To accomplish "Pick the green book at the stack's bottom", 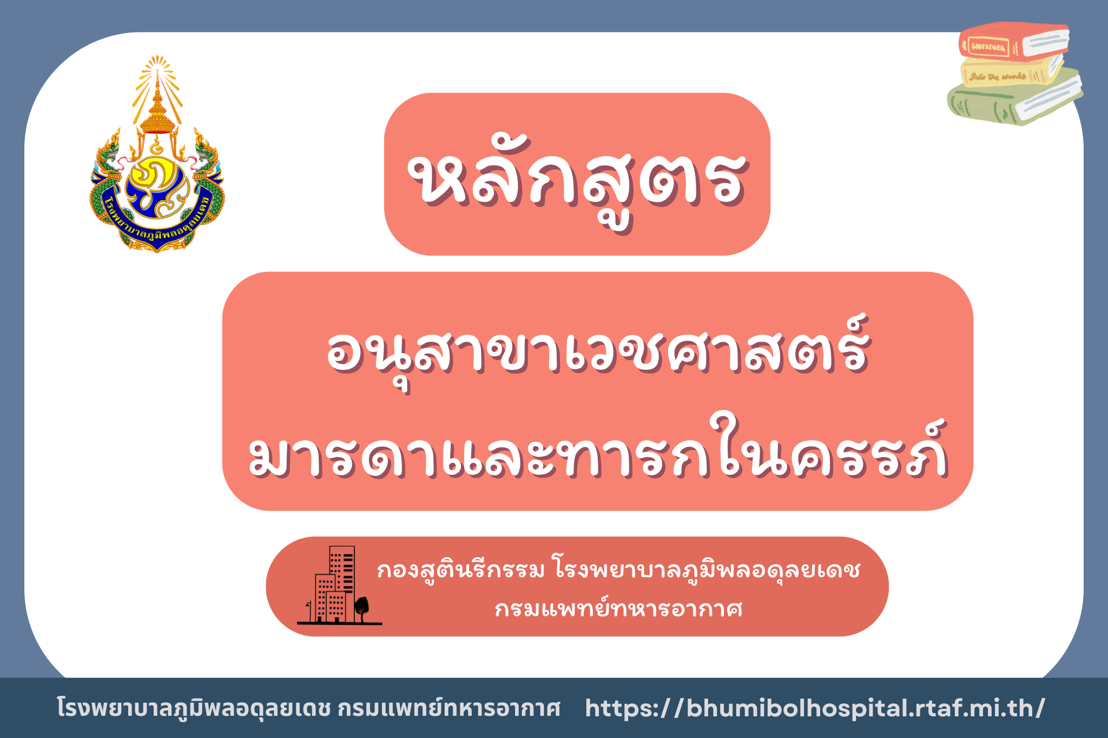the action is [1015, 100].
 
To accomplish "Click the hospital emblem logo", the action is [157, 154].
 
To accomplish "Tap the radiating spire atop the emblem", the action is [157, 92].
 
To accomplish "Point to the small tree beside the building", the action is [361, 609].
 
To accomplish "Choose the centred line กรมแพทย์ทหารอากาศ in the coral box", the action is [619, 609].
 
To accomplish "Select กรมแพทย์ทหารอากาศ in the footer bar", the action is [449, 708].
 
